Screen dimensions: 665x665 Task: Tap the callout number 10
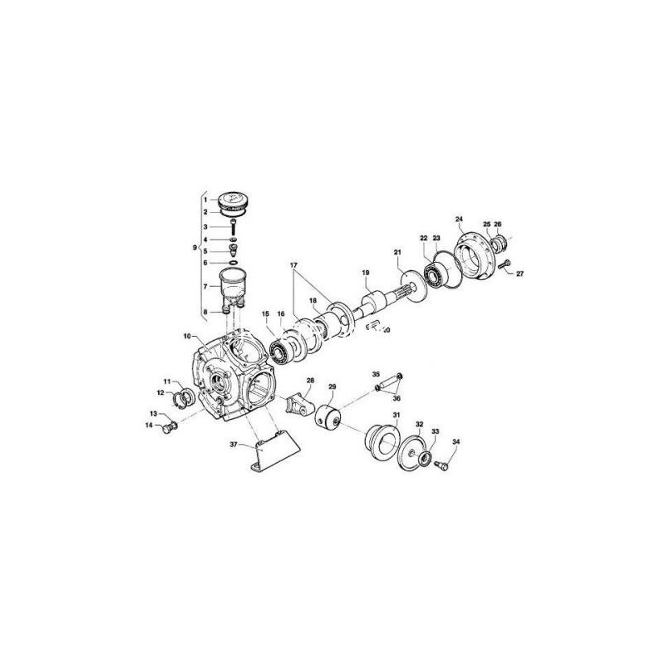[188, 337]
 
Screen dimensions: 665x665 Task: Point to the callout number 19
[364, 273]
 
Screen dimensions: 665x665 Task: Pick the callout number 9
[195, 249]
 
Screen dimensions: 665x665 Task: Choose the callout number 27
[520, 273]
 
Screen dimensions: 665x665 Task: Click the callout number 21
[397, 252]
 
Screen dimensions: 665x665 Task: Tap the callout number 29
[332, 387]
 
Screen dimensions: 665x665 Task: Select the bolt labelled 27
[505, 266]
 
